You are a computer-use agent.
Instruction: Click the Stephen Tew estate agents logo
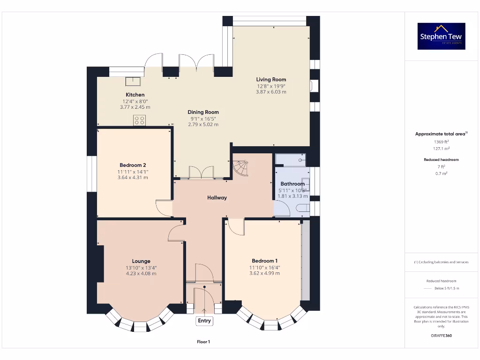(x=441, y=36)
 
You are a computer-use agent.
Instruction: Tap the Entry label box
(x=204, y=321)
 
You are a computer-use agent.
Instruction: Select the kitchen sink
(x=134, y=82)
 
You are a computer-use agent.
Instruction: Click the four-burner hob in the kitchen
(x=139, y=120)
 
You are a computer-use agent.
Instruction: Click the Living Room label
(x=271, y=80)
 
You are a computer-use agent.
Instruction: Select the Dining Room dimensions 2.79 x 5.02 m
(x=203, y=124)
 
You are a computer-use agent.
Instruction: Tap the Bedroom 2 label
(x=133, y=165)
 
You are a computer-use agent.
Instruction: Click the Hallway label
(x=217, y=198)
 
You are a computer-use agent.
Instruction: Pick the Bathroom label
(x=292, y=184)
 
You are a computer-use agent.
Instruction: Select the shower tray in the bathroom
(x=291, y=159)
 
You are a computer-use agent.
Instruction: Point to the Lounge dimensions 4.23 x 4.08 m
(x=141, y=274)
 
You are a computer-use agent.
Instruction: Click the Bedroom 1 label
(x=264, y=261)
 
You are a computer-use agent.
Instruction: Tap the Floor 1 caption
(x=203, y=342)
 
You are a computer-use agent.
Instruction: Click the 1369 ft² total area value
(x=441, y=142)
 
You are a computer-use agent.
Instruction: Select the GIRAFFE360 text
(x=441, y=336)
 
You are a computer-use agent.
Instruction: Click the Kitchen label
(x=135, y=95)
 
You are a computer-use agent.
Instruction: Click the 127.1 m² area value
(x=441, y=149)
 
